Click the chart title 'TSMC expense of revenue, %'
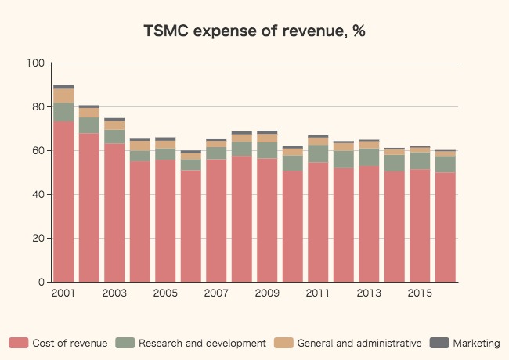pyautogui.click(x=254, y=31)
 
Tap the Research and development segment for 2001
pyautogui.click(x=63, y=112)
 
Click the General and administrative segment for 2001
pyautogui.click(x=63, y=95)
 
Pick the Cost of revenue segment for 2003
pyautogui.click(x=114, y=212)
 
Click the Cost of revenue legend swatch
pyautogui.click(x=19, y=343)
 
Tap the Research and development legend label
pyautogui.click(x=202, y=343)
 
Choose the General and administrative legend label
pyautogui.click(x=359, y=343)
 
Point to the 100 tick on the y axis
pyautogui.click(x=36, y=63)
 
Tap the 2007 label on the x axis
pyautogui.click(x=216, y=293)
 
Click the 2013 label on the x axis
pyautogui.click(x=369, y=293)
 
